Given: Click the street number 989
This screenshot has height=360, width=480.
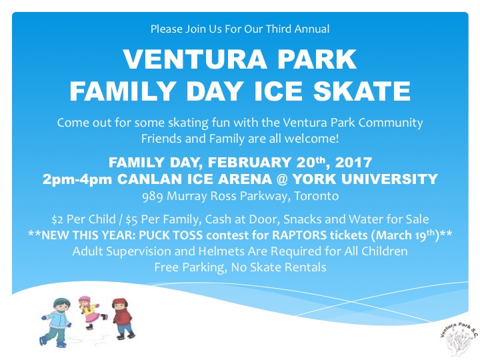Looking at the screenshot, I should [153, 196].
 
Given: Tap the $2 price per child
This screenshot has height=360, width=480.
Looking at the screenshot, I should [58, 219].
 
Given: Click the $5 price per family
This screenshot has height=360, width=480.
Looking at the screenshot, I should [143, 219].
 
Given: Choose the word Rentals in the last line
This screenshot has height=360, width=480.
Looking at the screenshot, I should [305, 267].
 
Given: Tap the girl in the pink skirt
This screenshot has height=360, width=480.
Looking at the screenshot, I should [88, 312].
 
